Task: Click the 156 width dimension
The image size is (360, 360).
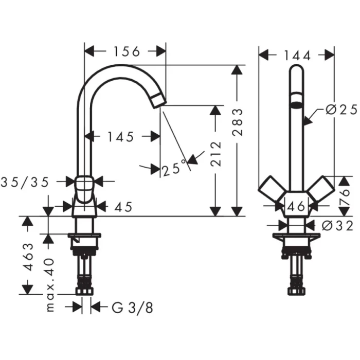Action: click(125, 51)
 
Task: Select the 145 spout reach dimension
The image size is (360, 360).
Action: click(121, 136)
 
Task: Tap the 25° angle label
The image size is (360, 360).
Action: click(173, 168)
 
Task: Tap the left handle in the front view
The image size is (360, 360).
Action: click(271, 190)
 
